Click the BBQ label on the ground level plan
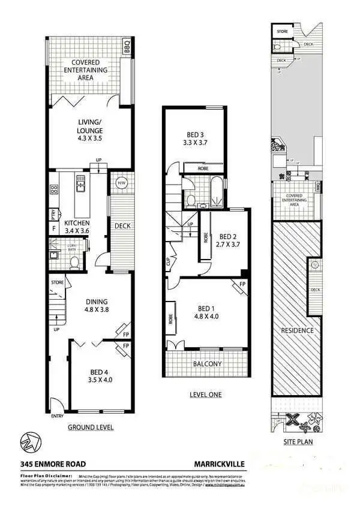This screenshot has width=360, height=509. (127, 46)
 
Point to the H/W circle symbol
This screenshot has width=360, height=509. (121, 183)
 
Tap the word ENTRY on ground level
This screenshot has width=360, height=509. (57, 415)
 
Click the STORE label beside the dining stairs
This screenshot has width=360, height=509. (58, 281)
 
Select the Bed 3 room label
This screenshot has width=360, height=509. (194, 138)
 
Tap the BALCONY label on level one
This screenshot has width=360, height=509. (207, 364)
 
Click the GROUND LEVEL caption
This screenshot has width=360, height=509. (90, 427)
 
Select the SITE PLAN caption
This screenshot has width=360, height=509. (298, 442)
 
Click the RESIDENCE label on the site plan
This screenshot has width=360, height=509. (298, 330)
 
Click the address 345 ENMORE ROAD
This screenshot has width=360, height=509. (53, 463)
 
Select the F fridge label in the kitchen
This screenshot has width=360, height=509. (55, 228)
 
